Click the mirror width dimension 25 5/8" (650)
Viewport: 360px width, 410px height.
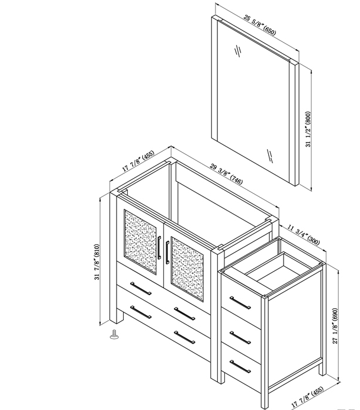pyautogui.click(x=260, y=25)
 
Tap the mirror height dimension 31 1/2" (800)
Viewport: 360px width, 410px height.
pyautogui.click(x=308, y=129)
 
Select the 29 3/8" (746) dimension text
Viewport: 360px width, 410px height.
pyautogui.click(x=227, y=174)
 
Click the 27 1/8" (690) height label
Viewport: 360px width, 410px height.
pyautogui.click(x=335, y=326)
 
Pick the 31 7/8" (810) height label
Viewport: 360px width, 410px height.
pyautogui.click(x=97, y=262)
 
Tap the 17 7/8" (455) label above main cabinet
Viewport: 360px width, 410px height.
pyautogui.click(x=139, y=161)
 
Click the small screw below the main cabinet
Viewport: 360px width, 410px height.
pyautogui.click(x=114, y=334)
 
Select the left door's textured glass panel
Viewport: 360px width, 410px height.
pyautogui.click(x=140, y=241)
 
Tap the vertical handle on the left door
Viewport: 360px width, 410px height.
pyautogui.click(x=159, y=248)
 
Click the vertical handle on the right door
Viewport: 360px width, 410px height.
pyautogui.click(x=167, y=253)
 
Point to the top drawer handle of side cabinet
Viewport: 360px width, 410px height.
pyautogui.click(x=240, y=303)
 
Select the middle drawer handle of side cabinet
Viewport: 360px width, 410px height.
pyautogui.click(x=240, y=337)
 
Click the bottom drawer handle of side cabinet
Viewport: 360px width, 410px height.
pyautogui.click(x=240, y=367)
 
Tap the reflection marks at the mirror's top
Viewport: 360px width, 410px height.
pyautogui.click(x=238, y=50)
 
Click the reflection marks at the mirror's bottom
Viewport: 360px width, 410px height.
pyautogui.click(x=270, y=156)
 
